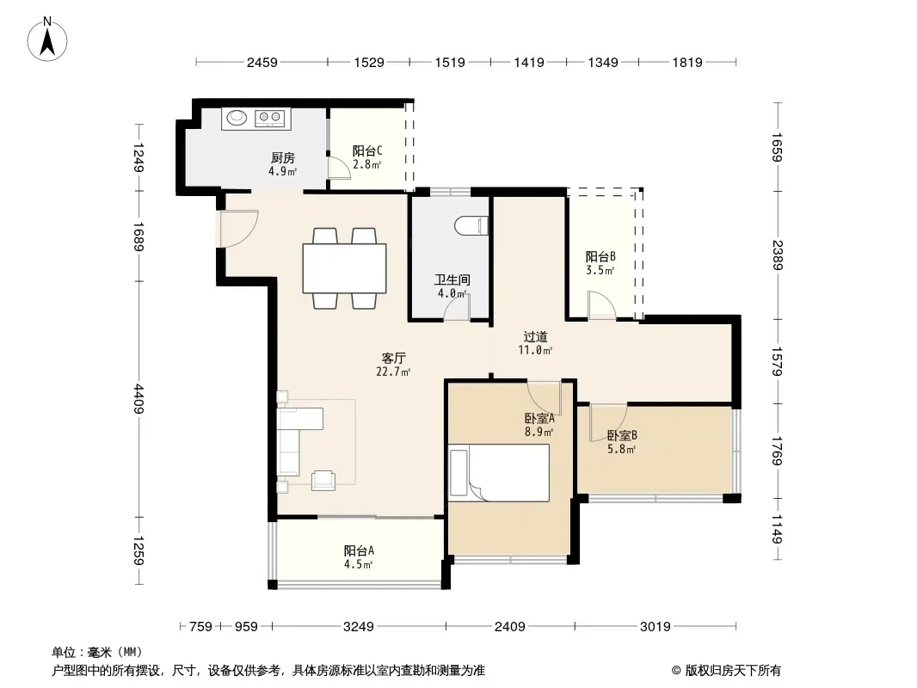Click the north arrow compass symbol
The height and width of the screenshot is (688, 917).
[47, 40]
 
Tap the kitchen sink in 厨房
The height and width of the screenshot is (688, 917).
[237, 118]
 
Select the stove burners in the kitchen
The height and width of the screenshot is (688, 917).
[269, 118]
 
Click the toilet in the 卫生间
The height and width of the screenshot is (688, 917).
[471, 225]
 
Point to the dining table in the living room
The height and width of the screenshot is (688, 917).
[344, 268]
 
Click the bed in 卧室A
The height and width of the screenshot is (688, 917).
[499, 472]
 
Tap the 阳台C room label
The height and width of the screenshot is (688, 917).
[367, 157]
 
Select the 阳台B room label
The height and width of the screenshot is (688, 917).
[600, 263]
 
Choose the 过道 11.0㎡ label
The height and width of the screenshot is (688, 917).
[535, 343]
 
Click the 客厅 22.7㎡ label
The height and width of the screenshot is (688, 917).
[394, 364]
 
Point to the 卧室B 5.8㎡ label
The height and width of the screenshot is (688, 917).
[622, 442]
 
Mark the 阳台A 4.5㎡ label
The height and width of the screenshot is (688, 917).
[359, 557]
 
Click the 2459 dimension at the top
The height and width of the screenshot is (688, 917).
[262, 62]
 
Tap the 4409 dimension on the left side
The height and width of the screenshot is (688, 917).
[138, 399]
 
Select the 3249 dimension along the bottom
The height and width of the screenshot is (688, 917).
[359, 627]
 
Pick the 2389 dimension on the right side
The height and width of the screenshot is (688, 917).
[777, 255]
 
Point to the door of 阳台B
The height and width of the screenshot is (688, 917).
[602, 305]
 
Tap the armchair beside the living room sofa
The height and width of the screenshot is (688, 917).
[323, 480]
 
